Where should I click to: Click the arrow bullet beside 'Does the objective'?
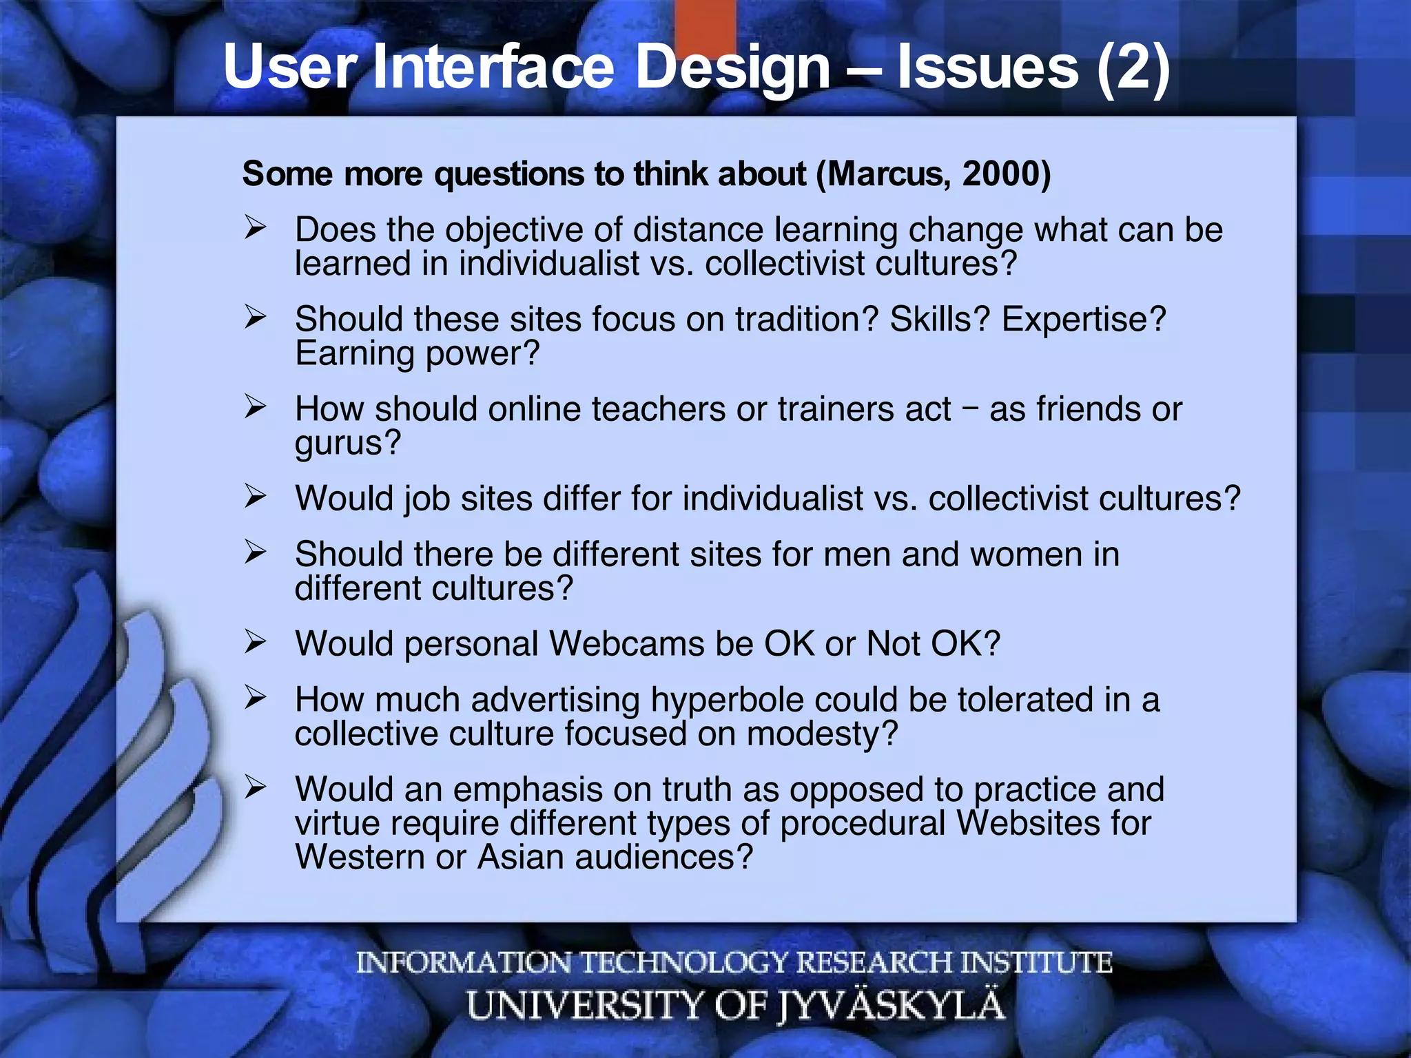coord(255,228)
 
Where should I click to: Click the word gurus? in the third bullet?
coord(347,443)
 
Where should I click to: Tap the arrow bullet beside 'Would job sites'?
coord(255,497)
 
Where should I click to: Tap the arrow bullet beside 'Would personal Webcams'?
coord(255,643)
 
